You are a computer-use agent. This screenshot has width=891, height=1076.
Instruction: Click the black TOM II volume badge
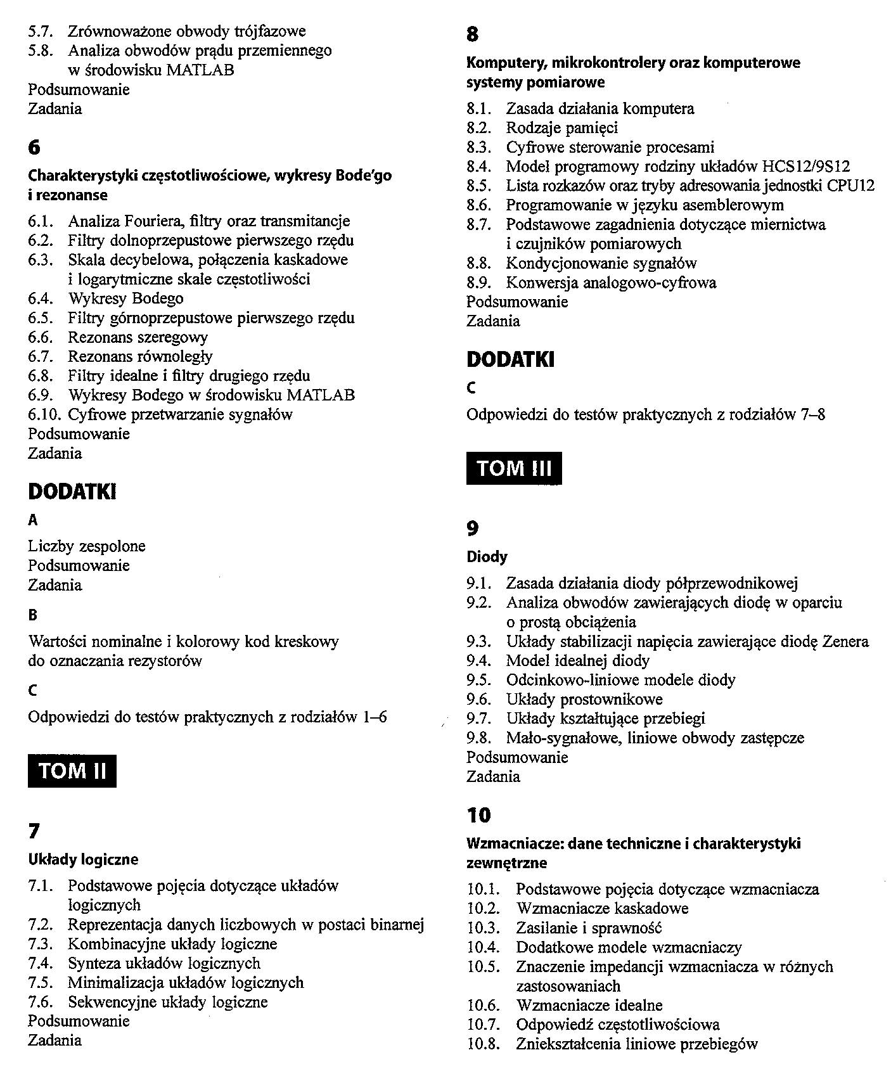[72, 771]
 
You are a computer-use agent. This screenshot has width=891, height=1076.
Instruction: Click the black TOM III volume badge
[514, 468]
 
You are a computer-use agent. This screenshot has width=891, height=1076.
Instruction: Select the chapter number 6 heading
[34, 148]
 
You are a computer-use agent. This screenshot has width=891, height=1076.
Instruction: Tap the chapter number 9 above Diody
[473, 528]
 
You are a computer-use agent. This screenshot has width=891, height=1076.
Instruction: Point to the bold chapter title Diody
[487, 557]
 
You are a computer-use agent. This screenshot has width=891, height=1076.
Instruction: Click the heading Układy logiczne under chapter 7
[83, 859]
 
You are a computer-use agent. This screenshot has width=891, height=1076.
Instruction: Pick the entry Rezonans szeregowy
[138, 337]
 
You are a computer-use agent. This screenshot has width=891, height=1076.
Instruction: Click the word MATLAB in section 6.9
[321, 395]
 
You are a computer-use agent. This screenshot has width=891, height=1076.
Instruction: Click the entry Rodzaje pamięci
[561, 128]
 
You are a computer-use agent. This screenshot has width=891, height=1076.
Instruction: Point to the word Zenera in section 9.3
[845, 641]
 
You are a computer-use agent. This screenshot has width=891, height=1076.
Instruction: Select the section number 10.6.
[484, 1005]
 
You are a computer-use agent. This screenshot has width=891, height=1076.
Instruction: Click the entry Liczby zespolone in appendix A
[87, 546]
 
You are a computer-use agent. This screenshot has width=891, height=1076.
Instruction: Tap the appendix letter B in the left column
[33, 615]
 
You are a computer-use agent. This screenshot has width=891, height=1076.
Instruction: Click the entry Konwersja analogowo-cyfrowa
[611, 283]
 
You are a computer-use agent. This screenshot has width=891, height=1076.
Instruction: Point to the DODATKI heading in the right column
[510, 360]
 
